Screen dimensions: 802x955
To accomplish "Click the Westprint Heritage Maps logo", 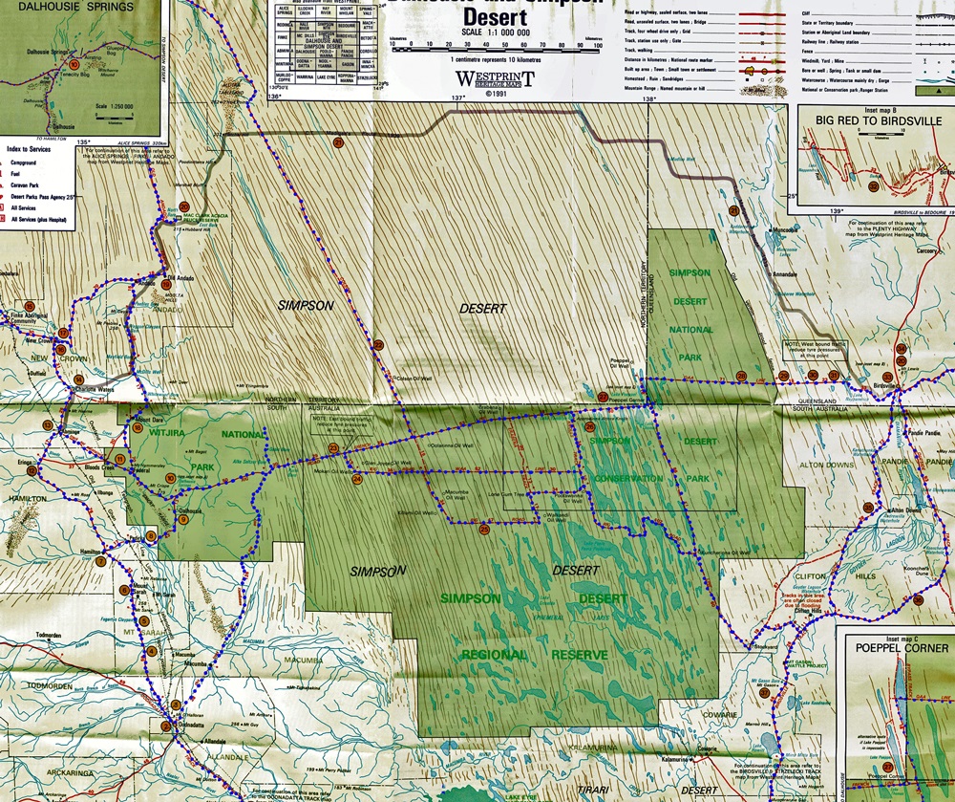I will point(494,79).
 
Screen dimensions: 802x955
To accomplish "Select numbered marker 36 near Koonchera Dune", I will point(917,599).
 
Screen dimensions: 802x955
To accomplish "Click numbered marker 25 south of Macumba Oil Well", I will point(484,529).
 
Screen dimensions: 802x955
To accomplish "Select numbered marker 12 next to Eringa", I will point(32,470).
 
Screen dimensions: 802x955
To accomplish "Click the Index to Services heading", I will point(38,149).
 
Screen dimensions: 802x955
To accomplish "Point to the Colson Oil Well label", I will point(416,377).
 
